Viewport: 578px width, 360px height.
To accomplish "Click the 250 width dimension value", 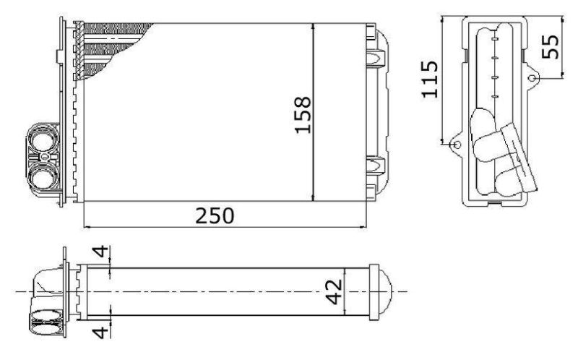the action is (215, 215).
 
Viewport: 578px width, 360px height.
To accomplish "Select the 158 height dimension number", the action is (303, 115).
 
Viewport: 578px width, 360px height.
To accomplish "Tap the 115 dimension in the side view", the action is (429, 80).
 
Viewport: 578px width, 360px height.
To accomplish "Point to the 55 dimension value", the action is (550, 46).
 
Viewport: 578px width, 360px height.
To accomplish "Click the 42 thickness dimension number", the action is (335, 292).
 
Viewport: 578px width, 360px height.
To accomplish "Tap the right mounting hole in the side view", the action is (532, 78).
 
